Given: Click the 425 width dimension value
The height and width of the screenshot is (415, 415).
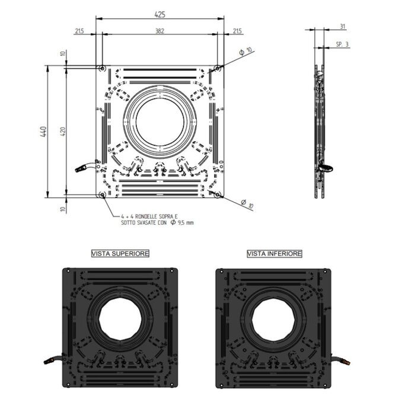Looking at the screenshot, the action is [x=160, y=14].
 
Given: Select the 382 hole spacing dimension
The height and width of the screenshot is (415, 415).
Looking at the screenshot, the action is [x=159, y=31].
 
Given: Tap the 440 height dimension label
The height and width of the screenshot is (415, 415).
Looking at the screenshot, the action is [x=43, y=132].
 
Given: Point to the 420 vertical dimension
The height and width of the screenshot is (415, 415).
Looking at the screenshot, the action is [x=62, y=132].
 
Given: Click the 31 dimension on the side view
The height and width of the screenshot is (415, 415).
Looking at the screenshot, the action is [x=343, y=26].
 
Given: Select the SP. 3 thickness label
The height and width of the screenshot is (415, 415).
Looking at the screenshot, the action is [x=342, y=44].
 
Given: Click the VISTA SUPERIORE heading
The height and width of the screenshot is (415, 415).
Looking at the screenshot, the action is [x=120, y=254].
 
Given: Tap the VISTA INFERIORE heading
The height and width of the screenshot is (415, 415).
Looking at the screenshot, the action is [x=274, y=254].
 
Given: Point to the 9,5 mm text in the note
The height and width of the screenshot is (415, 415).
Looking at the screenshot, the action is [x=185, y=222].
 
